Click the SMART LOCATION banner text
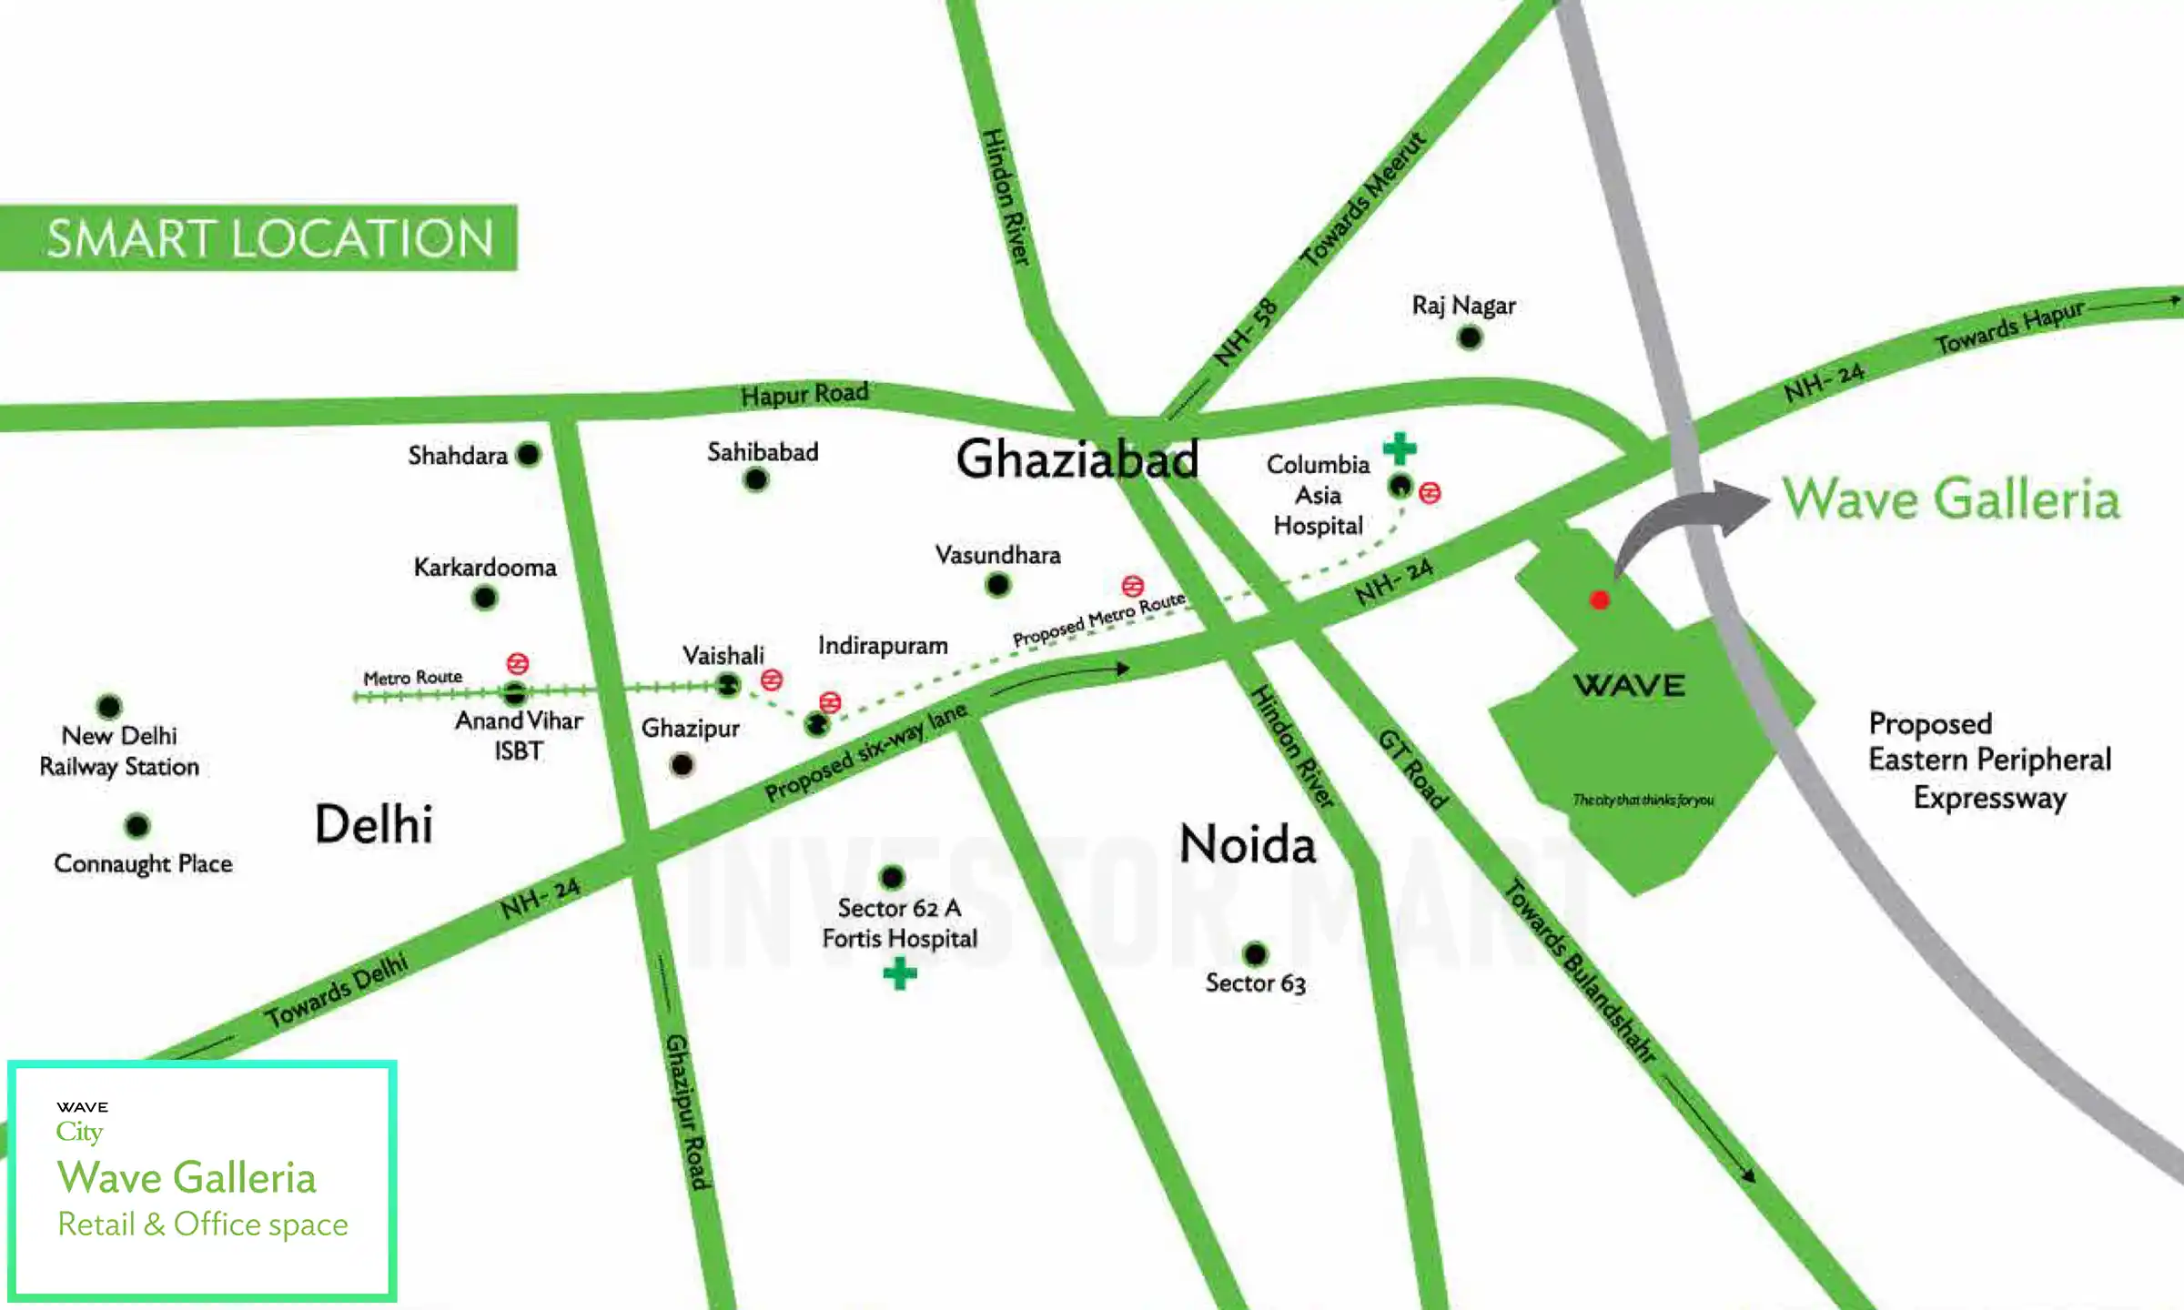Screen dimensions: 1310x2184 pyautogui.click(x=269, y=238)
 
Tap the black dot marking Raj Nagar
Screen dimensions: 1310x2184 pyautogui.click(x=1469, y=338)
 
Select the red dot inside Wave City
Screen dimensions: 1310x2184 pyautogui.click(x=1600, y=600)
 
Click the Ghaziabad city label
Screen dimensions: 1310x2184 pyautogui.click(x=1077, y=458)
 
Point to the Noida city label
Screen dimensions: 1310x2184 pyautogui.click(x=1248, y=844)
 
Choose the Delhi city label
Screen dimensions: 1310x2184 pyautogui.click(x=373, y=824)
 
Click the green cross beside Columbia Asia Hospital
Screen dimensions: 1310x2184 pyautogui.click(x=1400, y=448)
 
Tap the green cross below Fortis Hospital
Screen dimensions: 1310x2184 pyautogui.click(x=900, y=974)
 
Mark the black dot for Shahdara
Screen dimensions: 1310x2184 pyautogui.click(x=528, y=454)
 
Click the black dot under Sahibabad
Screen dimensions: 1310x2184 pyautogui.click(x=755, y=479)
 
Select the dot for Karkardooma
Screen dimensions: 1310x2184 pyautogui.click(x=485, y=598)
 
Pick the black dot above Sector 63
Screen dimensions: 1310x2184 pyautogui.click(x=1255, y=953)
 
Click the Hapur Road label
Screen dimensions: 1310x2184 pyautogui.click(x=804, y=394)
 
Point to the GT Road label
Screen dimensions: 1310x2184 pyautogui.click(x=1413, y=770)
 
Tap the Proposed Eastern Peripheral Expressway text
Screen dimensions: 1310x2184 pyautogui.click(x=1989, y=761)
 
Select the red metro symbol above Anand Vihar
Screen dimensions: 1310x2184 pyautogui.click(x=518, y=663)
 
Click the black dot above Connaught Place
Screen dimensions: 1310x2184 pyautogui.click(x=136, y=826)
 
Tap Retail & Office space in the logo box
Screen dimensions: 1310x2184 pyautogui.click(x=203, y=1224)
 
